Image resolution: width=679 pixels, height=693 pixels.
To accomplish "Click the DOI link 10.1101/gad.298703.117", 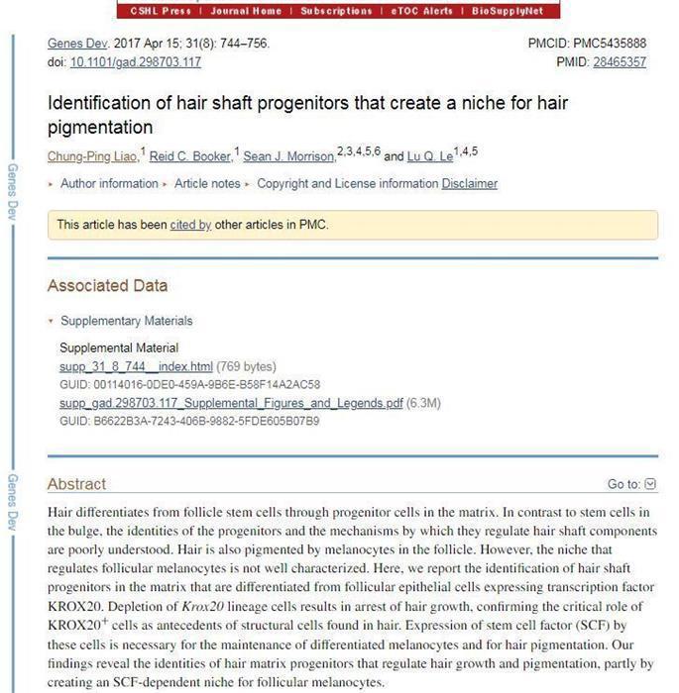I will pyautogui.click(x=136, y=61).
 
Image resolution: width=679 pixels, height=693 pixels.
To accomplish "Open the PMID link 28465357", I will pyautogui.click(x=620, y=61).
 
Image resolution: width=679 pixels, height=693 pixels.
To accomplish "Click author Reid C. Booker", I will pyautogui.click(x=190, y=156).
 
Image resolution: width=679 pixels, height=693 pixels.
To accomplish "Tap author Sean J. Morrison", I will pyautogui.click(x=288, y=156).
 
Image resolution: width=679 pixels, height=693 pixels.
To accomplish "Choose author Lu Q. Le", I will pyautogui.click(x=430, y=156).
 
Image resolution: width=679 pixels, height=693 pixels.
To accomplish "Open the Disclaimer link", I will pyautogui.click(x=470, y=183).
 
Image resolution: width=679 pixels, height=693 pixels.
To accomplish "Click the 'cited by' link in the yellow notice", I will pyautogui.click(x=190, y=225).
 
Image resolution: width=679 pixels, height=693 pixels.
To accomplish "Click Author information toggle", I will pyautogui.click(x=108, y=183).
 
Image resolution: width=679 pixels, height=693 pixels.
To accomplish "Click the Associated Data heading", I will pyautogui.click(x=107, y=285).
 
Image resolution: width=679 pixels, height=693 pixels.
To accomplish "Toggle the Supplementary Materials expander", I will pyautogui.click(x=126, y=321).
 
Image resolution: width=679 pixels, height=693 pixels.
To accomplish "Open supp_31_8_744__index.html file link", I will pyautogui.click(x=136, y=366).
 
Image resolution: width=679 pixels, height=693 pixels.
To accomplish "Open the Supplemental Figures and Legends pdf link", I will pyautogui.click(x=231, y=403).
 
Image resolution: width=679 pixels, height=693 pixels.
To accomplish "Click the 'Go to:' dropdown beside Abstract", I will pyautogui.click(x=631, y=484).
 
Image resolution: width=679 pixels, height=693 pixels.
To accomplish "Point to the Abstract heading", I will pyautogui.click(x=76, y=484).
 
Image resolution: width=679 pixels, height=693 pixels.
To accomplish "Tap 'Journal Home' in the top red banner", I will pyautogui.click(x=246, y=11).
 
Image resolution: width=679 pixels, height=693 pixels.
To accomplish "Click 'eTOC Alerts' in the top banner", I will pyautogui.click(x=421, y=11).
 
